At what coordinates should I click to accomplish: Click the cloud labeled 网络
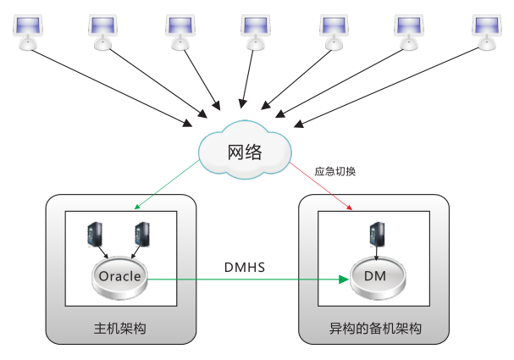click(x=244, y=152)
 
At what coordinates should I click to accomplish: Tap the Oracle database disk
click(x=119, y=277)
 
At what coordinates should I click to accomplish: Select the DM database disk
click(x=376, y=278)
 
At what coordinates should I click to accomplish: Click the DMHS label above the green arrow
click(x=245, y=268)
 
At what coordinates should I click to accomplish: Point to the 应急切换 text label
click(x=335, y=171)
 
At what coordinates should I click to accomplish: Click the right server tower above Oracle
click(x=141, y=235)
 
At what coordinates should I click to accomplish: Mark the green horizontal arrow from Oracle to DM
click(x=246, y=279)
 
